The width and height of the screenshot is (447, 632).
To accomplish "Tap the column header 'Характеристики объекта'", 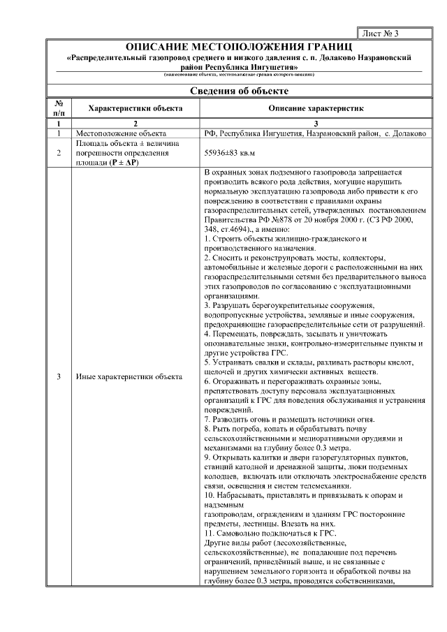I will (136, 109).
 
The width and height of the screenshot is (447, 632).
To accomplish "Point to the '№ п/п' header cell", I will (59, 108).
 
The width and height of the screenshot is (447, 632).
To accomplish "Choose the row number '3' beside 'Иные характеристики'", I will (59, 377).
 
